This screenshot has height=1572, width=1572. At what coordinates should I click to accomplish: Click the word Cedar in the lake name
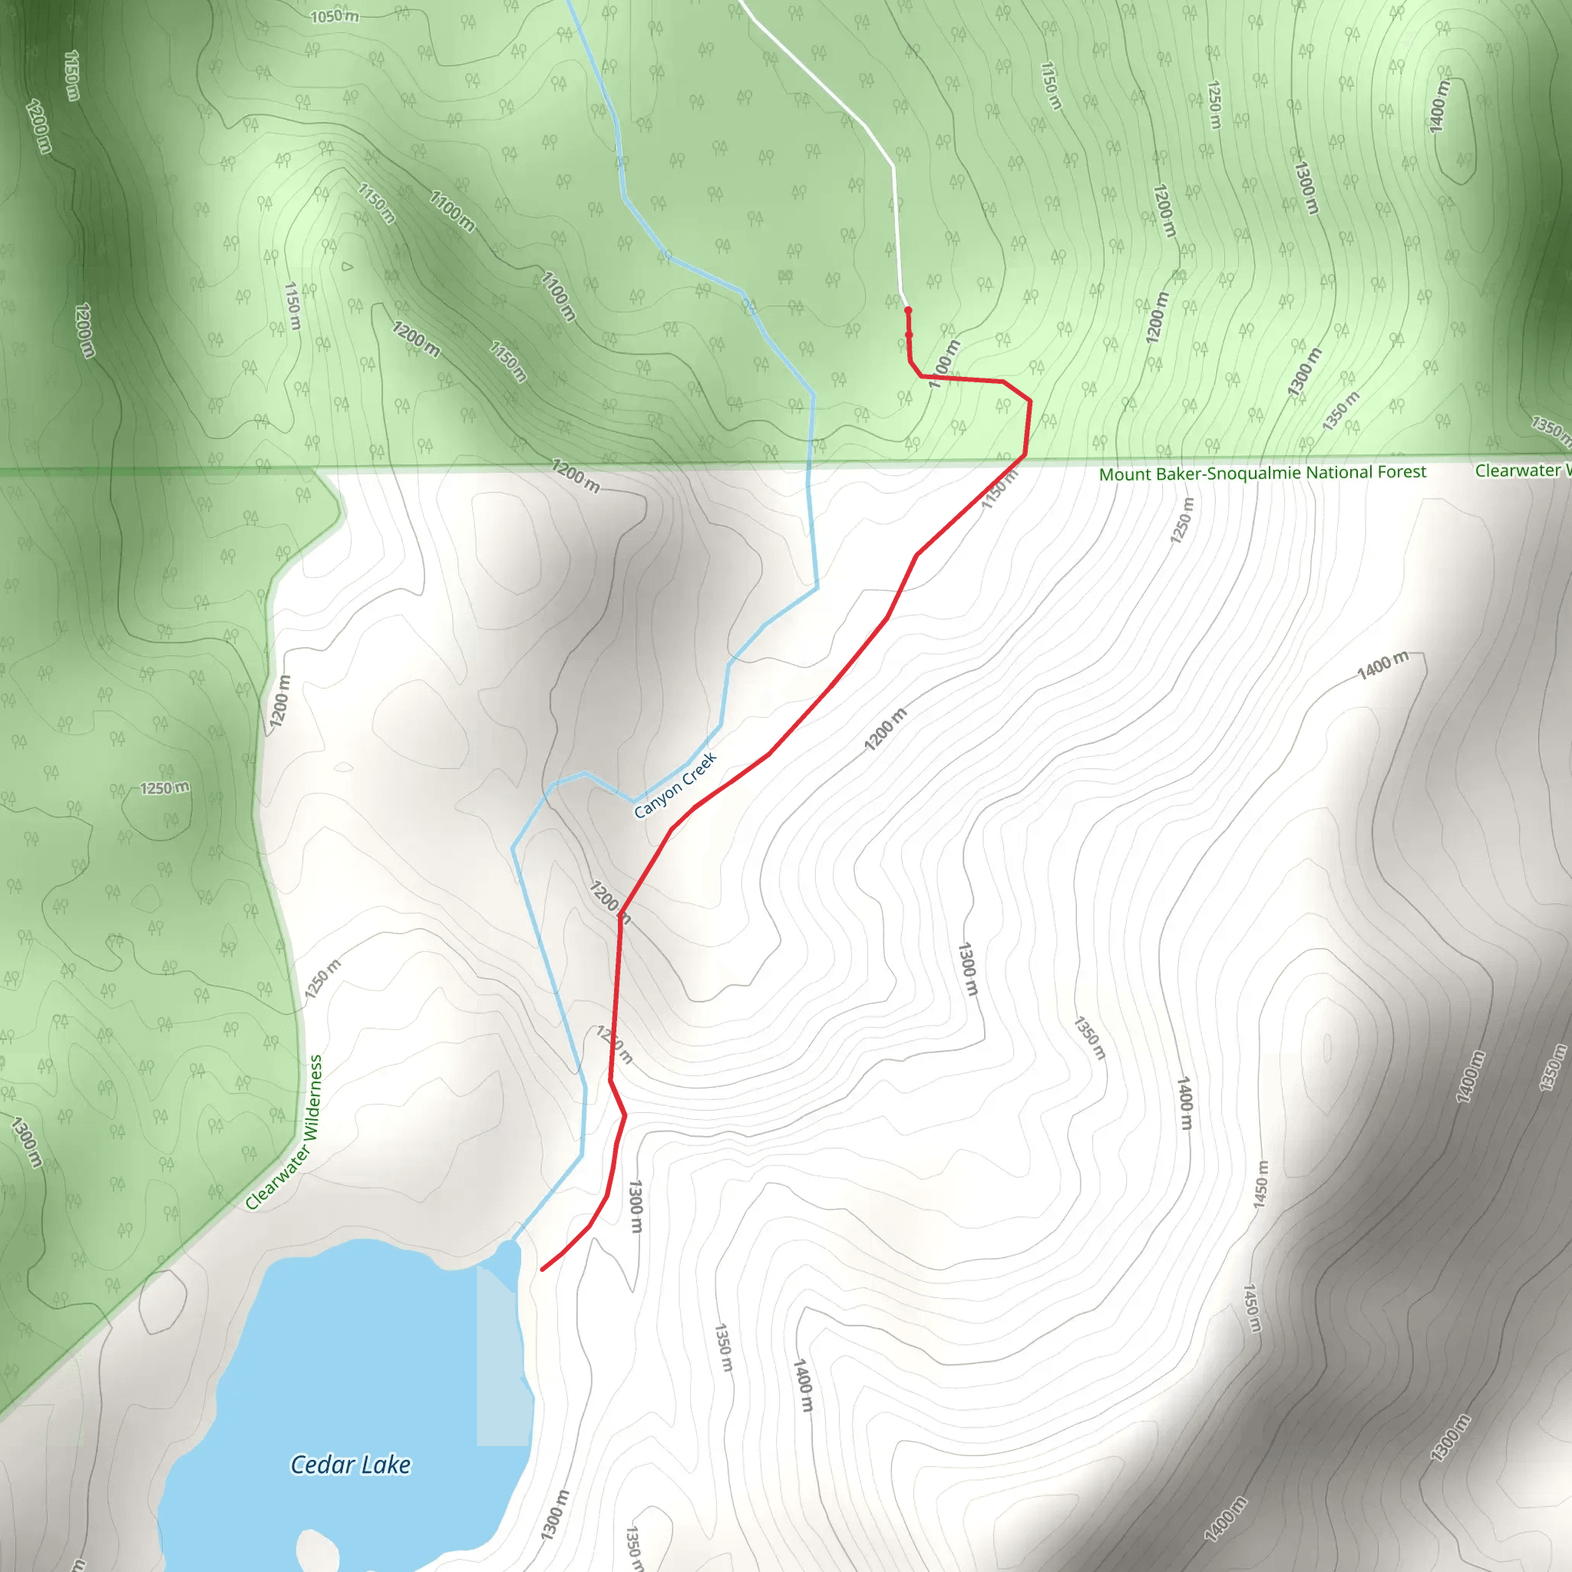tap(322, 1465)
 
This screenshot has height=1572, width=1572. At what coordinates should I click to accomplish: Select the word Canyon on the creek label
tap(659, 799)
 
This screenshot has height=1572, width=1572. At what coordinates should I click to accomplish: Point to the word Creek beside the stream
tap(700, 768)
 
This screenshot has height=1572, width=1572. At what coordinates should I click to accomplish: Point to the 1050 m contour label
tap(335, 16)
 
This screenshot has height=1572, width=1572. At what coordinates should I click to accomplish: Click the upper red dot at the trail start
tap(908, 310)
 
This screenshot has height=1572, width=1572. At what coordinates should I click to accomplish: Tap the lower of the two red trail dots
tap(909, 335)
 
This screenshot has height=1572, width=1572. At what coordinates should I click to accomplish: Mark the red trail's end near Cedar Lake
tap(543, 1270)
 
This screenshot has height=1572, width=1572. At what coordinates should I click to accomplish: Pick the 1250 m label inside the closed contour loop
tap(164, 788)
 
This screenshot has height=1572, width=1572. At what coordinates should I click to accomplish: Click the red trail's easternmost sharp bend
tap(1030, 401)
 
